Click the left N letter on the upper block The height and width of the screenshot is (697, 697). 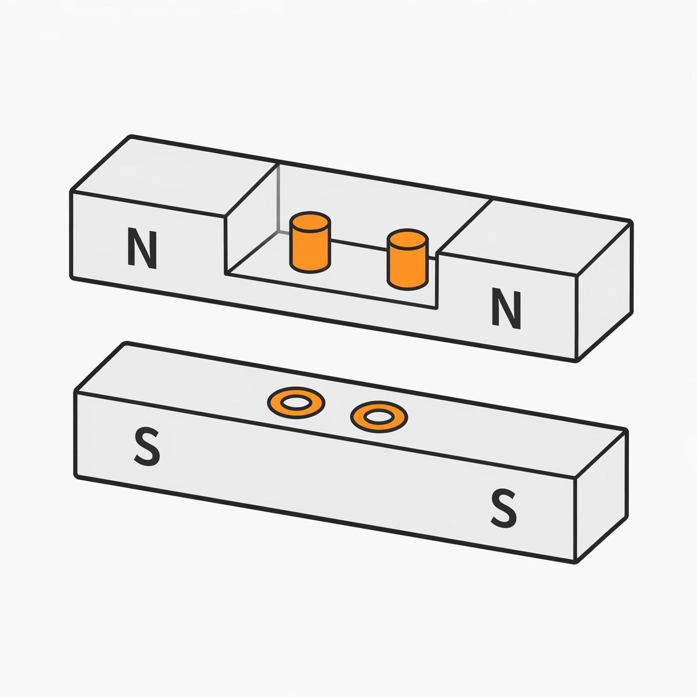click(x=142, y=248)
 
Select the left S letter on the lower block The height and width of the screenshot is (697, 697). click(x=147, y=446)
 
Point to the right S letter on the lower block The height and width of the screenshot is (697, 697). click(x=504, y=508)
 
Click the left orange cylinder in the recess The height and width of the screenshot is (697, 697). click(x=310, y=242)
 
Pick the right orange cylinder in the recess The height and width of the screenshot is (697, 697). click(x=407, y=260)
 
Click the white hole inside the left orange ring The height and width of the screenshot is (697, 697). click(x=296, y=403)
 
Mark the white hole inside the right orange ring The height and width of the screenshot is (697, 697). click(x=379, y=417)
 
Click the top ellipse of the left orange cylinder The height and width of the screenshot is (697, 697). click(x=310, y=221)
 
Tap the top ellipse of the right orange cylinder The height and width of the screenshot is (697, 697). click(x=407, y=238)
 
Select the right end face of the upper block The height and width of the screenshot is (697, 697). click(x=603, y=292)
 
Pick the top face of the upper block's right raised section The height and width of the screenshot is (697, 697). click(x=535, y=237)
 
